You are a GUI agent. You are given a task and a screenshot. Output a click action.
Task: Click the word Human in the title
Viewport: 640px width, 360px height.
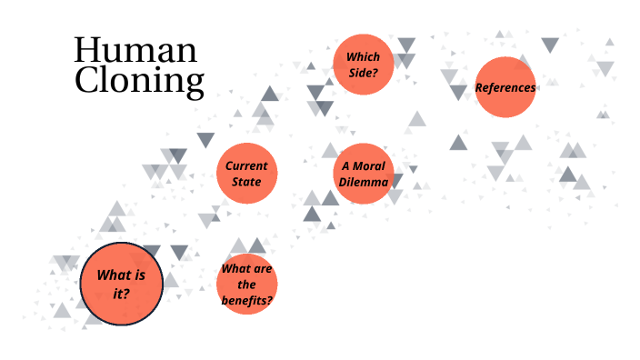tap(135, 51)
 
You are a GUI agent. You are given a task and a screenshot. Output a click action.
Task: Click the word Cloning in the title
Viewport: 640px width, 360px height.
tap(139, 82)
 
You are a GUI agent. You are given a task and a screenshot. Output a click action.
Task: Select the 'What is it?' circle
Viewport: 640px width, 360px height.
tap(121, 283)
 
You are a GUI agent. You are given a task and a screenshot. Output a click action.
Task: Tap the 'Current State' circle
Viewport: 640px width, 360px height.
tap(247, 174)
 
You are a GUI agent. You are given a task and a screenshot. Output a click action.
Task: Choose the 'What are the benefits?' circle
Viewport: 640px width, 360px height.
tap(247, 285)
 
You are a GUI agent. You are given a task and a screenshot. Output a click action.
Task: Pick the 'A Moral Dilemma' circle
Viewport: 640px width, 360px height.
tap(364, 174)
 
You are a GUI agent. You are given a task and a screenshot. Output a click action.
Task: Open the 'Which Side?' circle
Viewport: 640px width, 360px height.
tap(363, 64)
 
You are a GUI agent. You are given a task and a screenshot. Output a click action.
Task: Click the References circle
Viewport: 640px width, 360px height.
tap(505, 87)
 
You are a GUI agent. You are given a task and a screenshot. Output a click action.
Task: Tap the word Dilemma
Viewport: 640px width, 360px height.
tap(364, 182)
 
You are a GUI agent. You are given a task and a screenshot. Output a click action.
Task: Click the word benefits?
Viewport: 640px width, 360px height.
tap(247, 300)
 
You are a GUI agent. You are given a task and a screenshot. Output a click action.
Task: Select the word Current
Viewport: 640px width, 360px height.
tap(247, 166)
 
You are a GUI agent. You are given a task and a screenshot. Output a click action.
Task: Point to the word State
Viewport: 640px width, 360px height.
tap(247, 182)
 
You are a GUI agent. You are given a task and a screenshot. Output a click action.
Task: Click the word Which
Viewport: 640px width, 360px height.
tap(363, 56)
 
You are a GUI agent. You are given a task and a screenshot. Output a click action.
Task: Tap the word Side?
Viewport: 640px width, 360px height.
tap(363, 72)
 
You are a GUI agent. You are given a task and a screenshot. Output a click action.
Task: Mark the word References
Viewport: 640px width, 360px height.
tap(505, 88)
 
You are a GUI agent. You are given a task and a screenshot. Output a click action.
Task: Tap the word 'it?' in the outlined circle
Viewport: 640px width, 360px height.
tap(121, 293)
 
